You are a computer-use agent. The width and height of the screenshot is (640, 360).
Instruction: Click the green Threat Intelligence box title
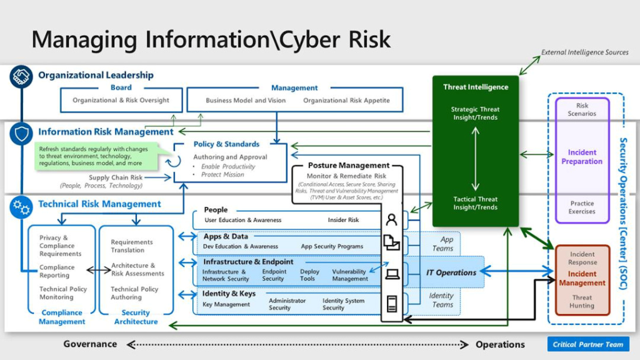[x=475, y=87]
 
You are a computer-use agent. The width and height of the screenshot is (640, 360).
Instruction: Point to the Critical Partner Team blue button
[x=587, y=344]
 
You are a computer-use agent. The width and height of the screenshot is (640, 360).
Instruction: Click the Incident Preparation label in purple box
[x=581, y=157]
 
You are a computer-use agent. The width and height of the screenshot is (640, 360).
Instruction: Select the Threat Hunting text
[x=581, y=301]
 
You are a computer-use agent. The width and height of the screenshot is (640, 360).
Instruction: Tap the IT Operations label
[x=451, y=272]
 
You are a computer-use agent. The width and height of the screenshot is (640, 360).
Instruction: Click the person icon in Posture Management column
[x=392, y=219]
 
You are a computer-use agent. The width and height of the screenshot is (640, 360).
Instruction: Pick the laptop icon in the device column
[x=392, y=273]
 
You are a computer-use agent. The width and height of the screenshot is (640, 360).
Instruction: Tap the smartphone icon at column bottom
[x=392, y=304]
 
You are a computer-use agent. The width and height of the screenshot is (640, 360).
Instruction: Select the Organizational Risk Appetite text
[x=346, y=100]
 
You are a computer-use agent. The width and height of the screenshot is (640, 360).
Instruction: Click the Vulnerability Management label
[x=350, y=275]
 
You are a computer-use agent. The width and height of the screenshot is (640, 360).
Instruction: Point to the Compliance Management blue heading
[x=62, y=317]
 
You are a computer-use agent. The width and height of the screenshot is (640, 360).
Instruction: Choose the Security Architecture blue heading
[x=136, y=317]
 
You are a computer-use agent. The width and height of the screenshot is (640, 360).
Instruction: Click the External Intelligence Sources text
[x=584, y=52]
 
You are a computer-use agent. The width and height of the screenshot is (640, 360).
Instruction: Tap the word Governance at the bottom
[x=90, y=344]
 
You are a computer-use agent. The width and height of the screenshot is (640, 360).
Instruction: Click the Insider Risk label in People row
[x=343, y=220]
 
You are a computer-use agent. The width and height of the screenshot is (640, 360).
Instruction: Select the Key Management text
[x=226, y=304]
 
